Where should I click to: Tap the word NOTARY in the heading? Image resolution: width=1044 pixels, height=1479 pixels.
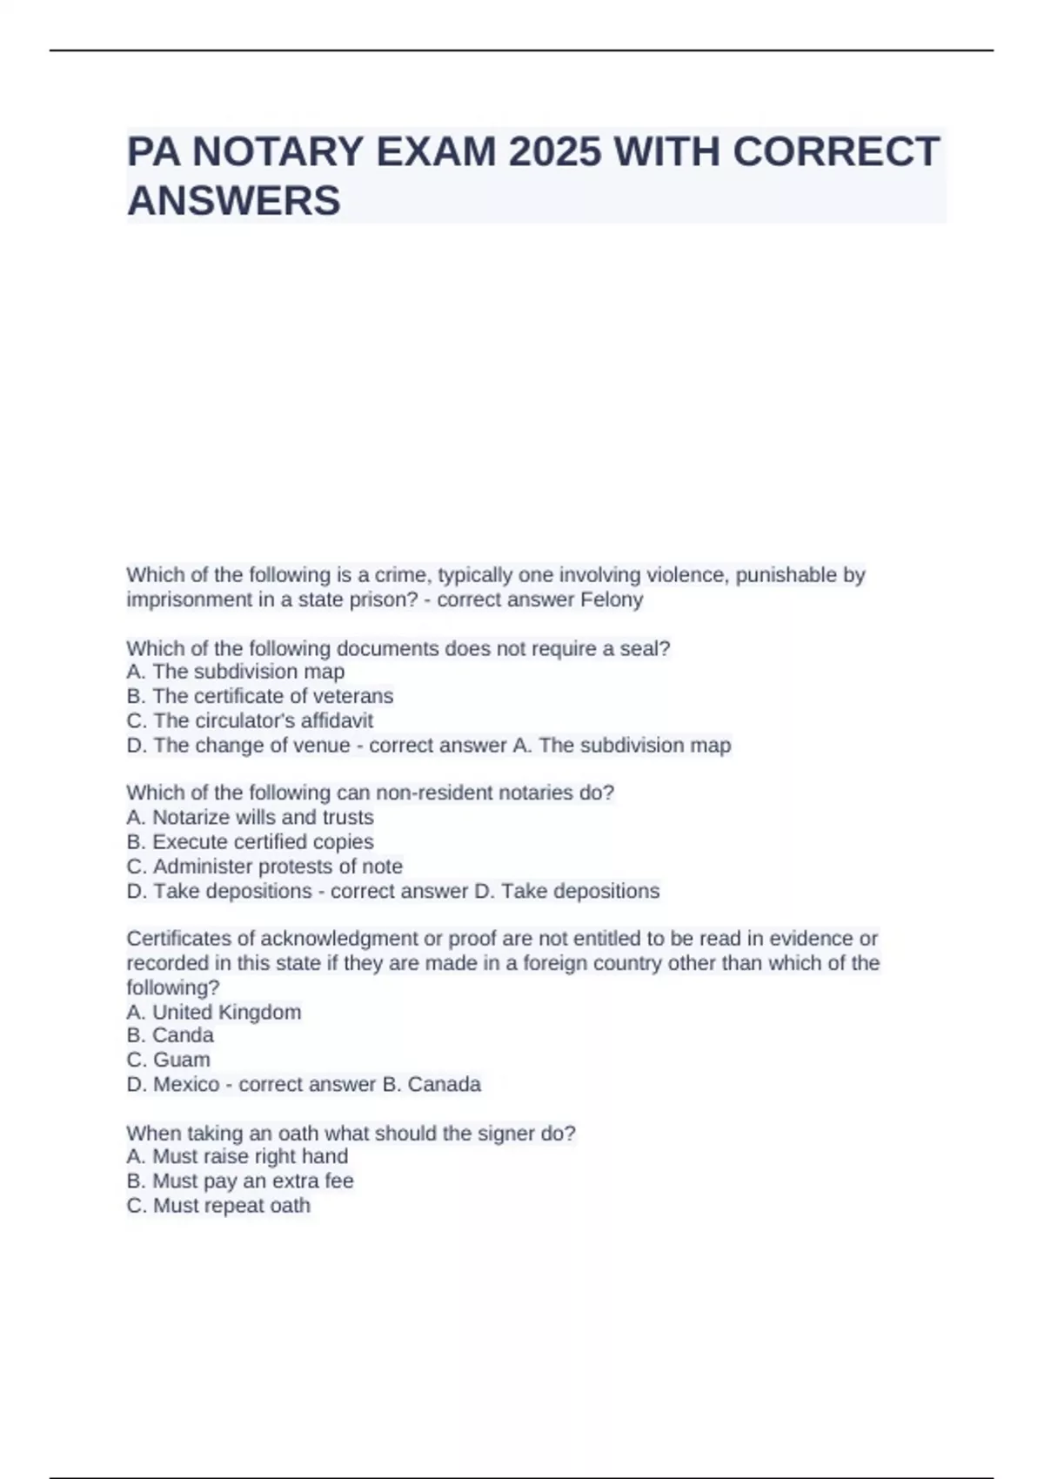(x=272, y=152)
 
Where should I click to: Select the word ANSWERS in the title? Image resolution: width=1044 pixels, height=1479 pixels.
(x=234, y=201)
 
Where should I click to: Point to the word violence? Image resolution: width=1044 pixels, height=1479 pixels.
(x=687, y=575)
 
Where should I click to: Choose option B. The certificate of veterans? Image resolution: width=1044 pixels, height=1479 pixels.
(x=259, y=696)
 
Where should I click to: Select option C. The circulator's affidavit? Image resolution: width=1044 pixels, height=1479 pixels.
(x=250, y=720)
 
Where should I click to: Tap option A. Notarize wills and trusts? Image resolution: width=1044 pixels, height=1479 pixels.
(x=250, y=817)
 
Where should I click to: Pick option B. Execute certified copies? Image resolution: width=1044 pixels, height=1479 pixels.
(x=250, y=841)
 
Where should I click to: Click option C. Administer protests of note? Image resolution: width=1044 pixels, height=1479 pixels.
(x=264, y=867)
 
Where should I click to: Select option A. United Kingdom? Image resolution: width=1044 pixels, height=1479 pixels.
(x=214, y=1012)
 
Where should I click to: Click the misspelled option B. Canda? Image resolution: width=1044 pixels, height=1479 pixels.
(x=170, y=1035)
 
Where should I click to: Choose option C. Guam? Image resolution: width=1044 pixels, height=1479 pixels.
(x=168, y=1060)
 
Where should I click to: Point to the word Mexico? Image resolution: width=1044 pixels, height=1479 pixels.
(x=186, y=1084)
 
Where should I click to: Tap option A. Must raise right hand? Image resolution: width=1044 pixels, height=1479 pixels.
(x=237, y=1156)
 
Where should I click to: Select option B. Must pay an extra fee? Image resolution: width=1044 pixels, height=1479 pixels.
(x=240, y=1181)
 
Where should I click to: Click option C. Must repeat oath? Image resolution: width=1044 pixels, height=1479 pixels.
(x=218, y=1205)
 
